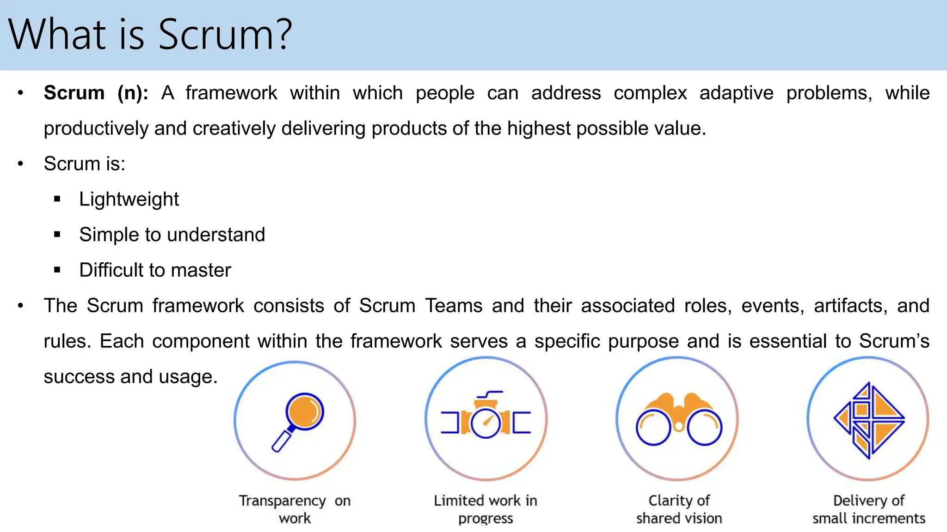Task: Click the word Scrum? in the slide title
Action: pyautogui.click(x=225, y=35)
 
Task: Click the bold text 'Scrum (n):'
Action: pyautogui.click(x=96, y=93)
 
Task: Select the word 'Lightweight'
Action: pyautogui.click(x=129, y=199)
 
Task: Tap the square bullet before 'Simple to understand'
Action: pyautogui.click(x=57, y=235)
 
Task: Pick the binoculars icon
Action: pyautogui.click(x=678, y=419)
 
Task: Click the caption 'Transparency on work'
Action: pyautogui.click(x=295, y=509)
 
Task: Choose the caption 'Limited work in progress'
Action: pyautogui.click(x=486, y=509)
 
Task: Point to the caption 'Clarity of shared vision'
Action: pyautogui.click(x=679, y=509)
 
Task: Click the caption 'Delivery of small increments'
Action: pyautogui.click(x=869, y=509)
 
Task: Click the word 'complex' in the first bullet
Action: pyautogui.click(x=650, y=93)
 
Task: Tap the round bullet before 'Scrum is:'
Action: pyautogui.click(x=20, y=164)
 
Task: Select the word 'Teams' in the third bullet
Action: pyautogui.click(x=454, y=306)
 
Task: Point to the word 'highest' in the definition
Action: pyautogui.click(x=539, y=129)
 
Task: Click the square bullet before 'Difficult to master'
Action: pyautogui.click(x=57, y=270)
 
